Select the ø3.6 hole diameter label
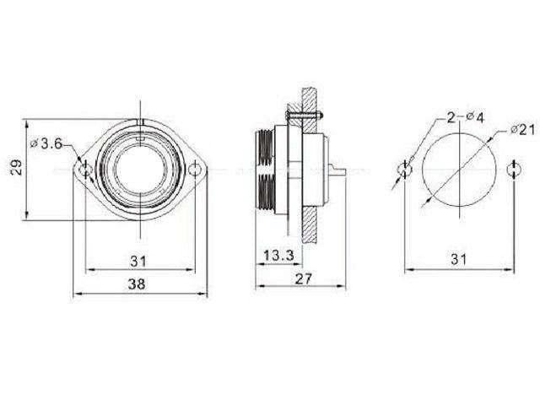point(46,144)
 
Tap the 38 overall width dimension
point(136,285)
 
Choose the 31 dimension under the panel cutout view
point(459,260)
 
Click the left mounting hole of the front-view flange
point(84,170)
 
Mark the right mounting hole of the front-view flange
point(197,170)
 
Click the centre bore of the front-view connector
point(140,170)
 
